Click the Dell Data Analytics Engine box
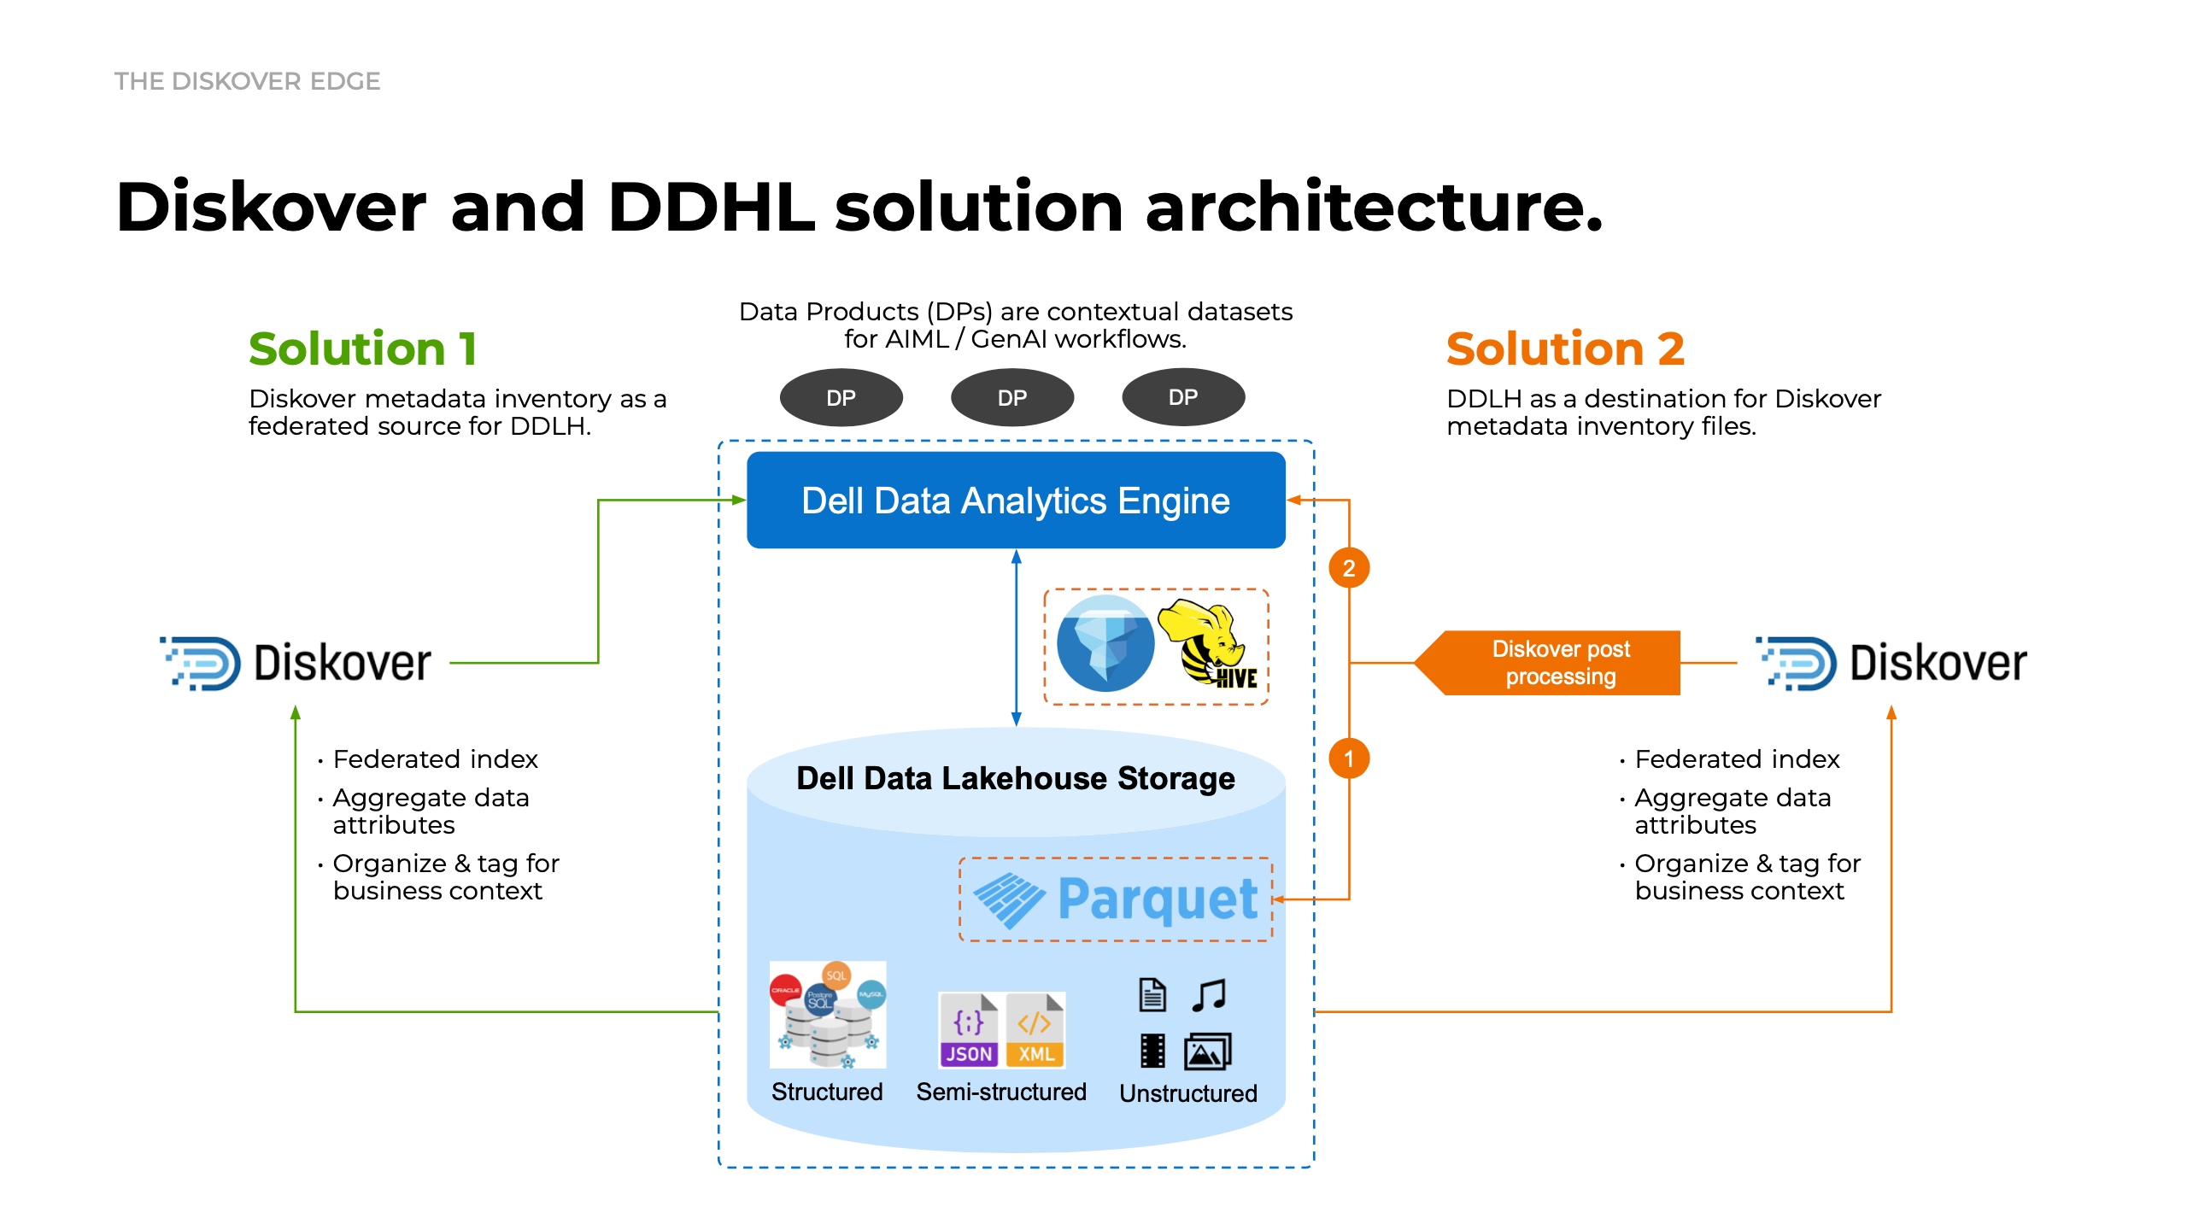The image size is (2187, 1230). click(x=1015, y=501)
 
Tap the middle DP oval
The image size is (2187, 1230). click(x=1012, y=397)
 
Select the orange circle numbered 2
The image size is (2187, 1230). click(x=1349, y=568)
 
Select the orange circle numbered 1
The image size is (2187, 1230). click(x=1349, y=758)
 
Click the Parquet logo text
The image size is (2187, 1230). click(x=1157, y=899)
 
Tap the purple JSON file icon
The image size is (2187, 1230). click(x=969, y=1030)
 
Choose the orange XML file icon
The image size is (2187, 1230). click(x=1035, y=1030)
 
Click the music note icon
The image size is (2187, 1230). click(x=1209, y=995)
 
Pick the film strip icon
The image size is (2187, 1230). click(x=1152, y=1051)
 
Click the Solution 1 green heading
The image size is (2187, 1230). click(x=362, y=348)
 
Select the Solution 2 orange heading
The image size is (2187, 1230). click(x=1565, y=348)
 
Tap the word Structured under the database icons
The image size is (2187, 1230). click(x=826, y=1092)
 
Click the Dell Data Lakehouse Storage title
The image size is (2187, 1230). click(x=1015, y=778)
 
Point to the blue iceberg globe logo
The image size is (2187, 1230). click(x=1105, y=644)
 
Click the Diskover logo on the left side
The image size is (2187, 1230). click(x=296, y=663)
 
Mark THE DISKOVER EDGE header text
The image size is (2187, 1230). click(x=247, y=81)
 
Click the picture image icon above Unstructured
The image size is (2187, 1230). click(x=1207, y=1051)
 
